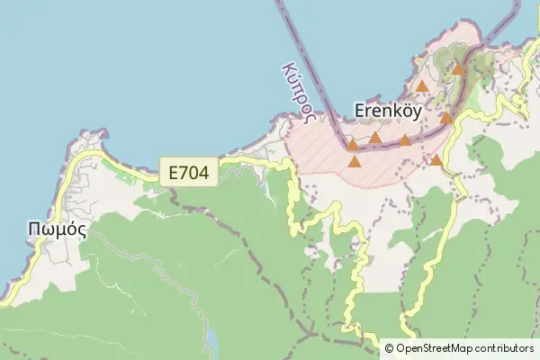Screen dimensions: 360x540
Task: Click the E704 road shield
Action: click(189, 171)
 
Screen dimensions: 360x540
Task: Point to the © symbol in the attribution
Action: click(389, 348)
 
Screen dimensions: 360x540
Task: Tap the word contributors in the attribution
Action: click(502, 348)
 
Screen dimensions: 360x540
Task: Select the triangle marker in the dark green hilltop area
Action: click(458, 68)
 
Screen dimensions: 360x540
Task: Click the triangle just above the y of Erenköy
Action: click(422, 86)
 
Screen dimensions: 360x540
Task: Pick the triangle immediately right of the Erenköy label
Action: click(446, 117)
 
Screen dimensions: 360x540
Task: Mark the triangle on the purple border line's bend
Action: click(353, 143)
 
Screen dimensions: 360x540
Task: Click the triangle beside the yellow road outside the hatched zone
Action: click(436, 160)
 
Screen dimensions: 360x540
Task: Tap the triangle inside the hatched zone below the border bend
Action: click(355, 162)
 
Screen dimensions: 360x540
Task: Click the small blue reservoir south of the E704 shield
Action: click(212, 339)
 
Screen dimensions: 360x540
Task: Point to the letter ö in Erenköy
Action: click(400, 109)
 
